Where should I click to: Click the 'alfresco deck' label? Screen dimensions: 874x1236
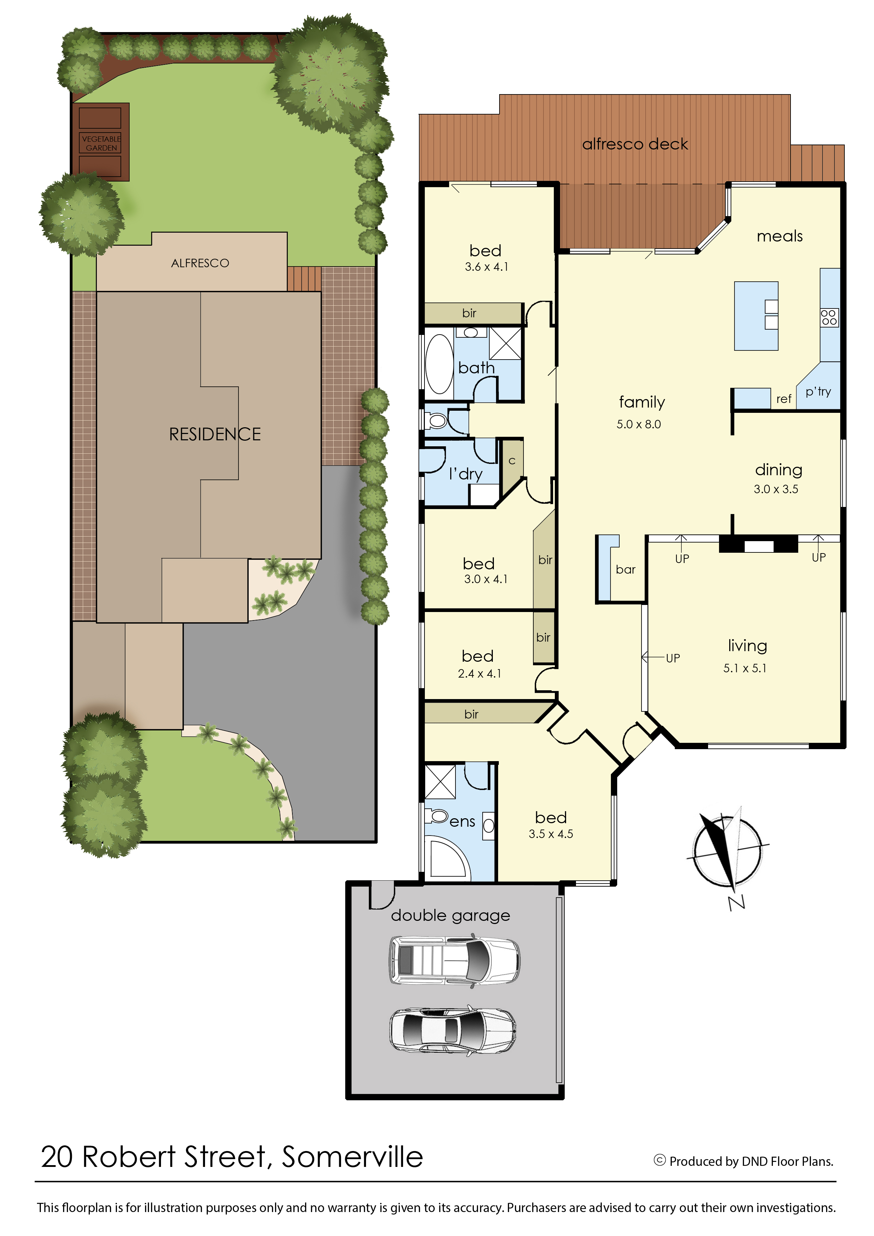pos(635,144)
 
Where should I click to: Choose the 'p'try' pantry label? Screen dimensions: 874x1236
pos(818,392)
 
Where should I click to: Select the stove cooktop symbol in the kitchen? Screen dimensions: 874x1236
pos(829,317)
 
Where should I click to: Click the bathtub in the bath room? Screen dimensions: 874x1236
pos(439,364)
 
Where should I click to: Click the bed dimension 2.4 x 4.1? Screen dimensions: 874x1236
pos(479,673)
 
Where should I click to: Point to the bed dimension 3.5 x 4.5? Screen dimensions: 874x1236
pos(551,834)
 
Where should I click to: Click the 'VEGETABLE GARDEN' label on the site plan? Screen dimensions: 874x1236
pos(101,143)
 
